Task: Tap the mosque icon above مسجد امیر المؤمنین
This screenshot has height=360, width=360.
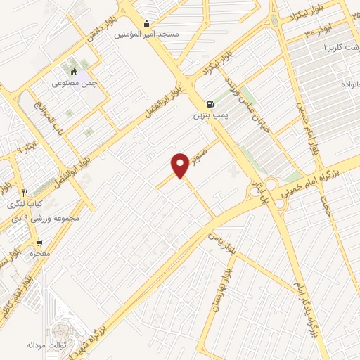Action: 146,23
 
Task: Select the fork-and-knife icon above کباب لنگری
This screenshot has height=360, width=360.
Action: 25,192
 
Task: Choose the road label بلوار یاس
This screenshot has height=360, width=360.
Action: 219,240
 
